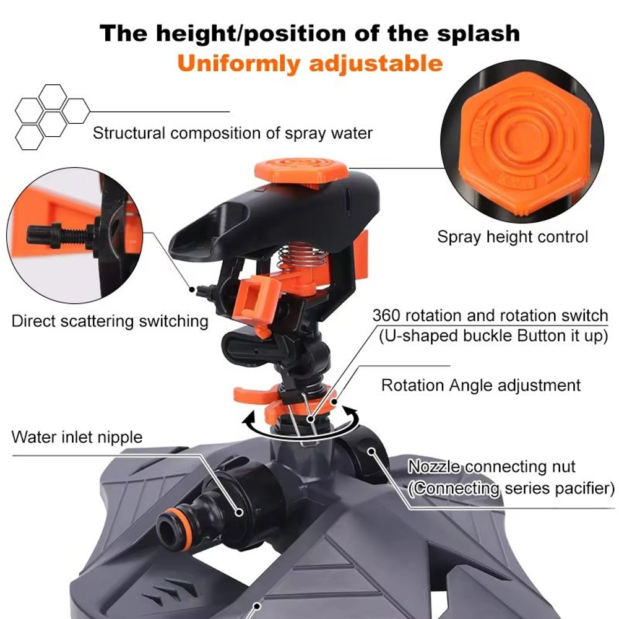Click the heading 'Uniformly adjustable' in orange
pos(310,63)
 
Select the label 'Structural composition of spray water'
pos(233,132)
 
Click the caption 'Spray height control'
pos(513,236)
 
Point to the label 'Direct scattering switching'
pos(110,321)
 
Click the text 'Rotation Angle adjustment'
pos(481,385)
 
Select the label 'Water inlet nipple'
pos(77,437)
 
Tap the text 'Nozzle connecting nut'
pos(491,467)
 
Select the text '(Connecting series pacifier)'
pos(511,488)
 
